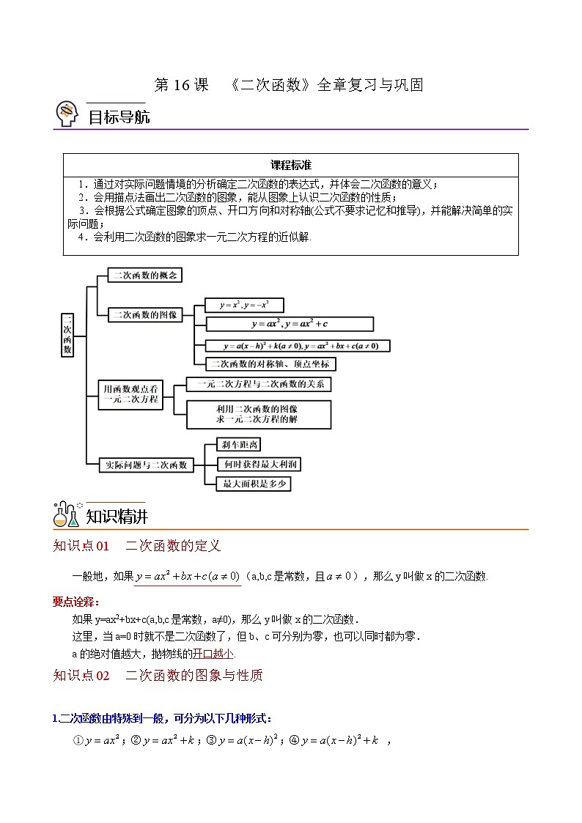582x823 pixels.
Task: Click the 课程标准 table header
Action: pyautogui.click(x=291, y=165)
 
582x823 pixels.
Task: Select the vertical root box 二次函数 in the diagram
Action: pyautogui.click(x=67, y=335)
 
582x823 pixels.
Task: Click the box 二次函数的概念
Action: pyautogui.click(x=144, y=276)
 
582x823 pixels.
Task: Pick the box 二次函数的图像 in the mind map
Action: pyautogui.click(x=144, y=314)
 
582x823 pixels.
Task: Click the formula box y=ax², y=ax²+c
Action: pyautogui.click(x=290, y=324)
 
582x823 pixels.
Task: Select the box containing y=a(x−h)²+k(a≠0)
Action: pyautogui.click(x=297, y=345)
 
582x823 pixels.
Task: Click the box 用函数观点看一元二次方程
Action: pyautogui.click(x=130, y=394)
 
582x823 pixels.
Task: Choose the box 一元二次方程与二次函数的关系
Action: pyautogui.click(x=259, y=383)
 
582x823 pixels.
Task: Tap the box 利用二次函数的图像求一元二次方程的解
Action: pyautogui.click(x=258, y=414)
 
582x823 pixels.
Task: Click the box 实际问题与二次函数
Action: pyautogui.click(x=147, y=464)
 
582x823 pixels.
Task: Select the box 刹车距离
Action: pyautogui.click(x=240, y=445)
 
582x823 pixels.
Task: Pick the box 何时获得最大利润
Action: pyautogui.click(x=259, y=464)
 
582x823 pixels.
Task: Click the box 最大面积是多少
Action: pyautogui.click(x=254, y=483)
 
